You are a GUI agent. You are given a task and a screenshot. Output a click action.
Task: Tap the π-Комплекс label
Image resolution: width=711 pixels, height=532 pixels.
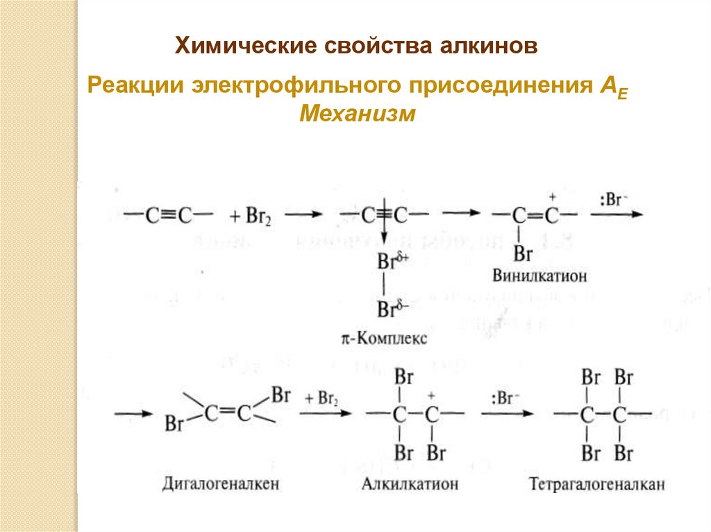click(x=384, y=339)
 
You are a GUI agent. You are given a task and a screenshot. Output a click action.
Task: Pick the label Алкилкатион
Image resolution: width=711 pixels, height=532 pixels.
click(x=410, y=483)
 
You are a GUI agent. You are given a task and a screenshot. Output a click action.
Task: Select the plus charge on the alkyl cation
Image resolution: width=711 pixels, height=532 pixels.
click(x=431, y=394)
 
